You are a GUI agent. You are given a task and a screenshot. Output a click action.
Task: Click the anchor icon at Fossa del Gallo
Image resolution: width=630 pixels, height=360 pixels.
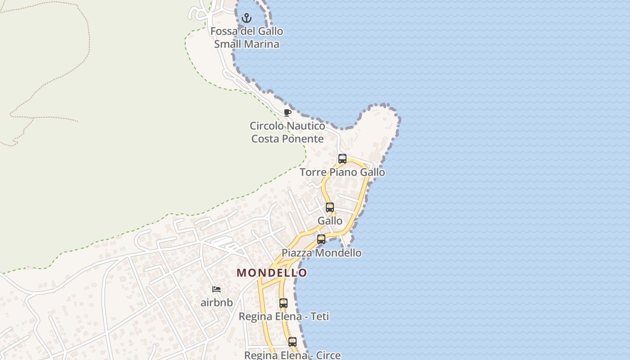(246, 18)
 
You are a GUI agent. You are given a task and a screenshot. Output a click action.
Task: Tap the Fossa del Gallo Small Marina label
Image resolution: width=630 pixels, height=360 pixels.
(247, 38)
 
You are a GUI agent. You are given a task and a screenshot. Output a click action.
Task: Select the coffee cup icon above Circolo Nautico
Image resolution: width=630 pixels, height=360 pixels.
(288, 112)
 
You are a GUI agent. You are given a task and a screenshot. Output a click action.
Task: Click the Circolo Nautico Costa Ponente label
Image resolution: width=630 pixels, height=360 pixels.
(288, 132)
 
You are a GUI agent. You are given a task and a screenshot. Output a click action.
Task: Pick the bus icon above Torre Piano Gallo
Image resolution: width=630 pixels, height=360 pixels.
(342, 159)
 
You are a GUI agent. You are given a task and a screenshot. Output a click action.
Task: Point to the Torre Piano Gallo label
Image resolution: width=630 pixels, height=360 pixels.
(342, 172)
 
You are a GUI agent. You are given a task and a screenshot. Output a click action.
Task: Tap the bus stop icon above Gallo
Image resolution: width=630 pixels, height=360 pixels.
(330, 207)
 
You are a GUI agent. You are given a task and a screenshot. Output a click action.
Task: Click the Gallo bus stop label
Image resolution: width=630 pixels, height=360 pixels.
(330, 221)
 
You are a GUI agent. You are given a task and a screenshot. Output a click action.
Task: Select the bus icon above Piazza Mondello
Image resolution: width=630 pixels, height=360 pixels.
(321, 239)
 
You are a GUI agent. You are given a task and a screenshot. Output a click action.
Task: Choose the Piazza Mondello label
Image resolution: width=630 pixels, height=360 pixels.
(321, 253)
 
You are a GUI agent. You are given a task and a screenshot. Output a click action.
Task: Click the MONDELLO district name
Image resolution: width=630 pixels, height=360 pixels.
(272, 273)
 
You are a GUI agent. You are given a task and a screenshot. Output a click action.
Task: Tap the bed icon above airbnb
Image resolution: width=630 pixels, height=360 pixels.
(216, 289)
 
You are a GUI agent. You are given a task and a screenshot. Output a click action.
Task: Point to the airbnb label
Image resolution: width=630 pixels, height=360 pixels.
(216, 302)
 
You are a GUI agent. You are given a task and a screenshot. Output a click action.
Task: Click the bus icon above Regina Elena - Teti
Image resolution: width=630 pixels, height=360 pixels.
(283, 303)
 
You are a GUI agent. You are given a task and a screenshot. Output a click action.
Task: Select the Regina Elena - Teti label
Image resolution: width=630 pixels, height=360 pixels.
(283, 317)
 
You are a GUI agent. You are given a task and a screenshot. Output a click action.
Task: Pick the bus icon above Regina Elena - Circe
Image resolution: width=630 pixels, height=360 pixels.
(292, 342)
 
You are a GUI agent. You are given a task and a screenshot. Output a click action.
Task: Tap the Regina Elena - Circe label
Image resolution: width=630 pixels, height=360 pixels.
(292, 355)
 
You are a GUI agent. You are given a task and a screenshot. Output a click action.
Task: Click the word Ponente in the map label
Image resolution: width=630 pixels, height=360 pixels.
(306, 139)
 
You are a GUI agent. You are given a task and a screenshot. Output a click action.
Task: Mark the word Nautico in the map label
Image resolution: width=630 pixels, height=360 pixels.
(304, 126)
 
